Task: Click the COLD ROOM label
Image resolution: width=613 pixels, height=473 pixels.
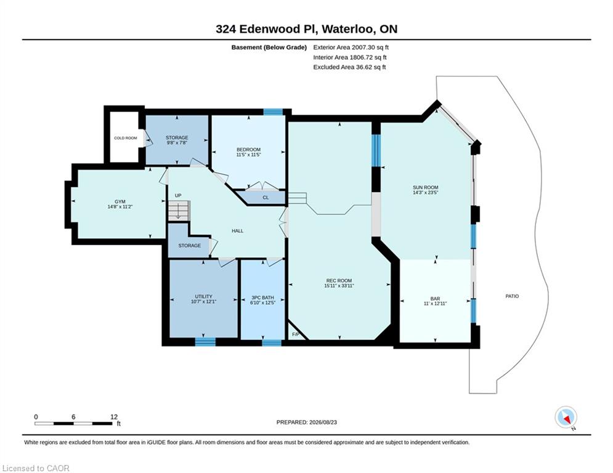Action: tap(126, 138)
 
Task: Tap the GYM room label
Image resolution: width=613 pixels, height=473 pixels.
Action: tap(120, 202)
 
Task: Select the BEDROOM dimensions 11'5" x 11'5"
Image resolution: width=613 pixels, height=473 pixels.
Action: tap(249, 155)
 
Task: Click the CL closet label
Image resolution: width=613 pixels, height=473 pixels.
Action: tap(266, 198)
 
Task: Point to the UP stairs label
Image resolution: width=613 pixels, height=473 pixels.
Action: tap(178, 195)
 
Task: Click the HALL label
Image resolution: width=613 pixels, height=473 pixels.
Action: tap(237, 231)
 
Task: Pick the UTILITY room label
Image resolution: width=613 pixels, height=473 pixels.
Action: tap(204, 296)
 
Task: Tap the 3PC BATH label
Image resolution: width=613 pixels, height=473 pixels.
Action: tap(262, 297)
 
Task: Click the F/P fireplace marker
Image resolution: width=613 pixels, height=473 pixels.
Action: tap(296, 334)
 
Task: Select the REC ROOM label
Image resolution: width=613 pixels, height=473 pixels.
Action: tap(339, 281)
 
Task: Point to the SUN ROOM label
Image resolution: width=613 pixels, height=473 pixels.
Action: tap(426, 187)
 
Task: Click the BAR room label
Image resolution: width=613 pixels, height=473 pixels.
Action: tap(435, 298)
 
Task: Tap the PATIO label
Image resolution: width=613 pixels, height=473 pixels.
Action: tap(512, 296)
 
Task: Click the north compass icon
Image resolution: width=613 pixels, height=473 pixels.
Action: tap(566, 418)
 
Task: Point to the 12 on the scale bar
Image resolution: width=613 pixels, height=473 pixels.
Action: tap(114, 417)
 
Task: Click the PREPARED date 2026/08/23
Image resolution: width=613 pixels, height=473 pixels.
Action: tap(323, 422)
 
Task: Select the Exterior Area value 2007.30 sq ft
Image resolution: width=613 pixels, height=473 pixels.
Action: tap(370, 47)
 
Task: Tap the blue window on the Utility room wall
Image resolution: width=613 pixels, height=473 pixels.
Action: tap(205, 342)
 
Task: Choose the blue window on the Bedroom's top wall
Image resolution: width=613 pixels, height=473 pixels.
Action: tap(273, 112)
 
